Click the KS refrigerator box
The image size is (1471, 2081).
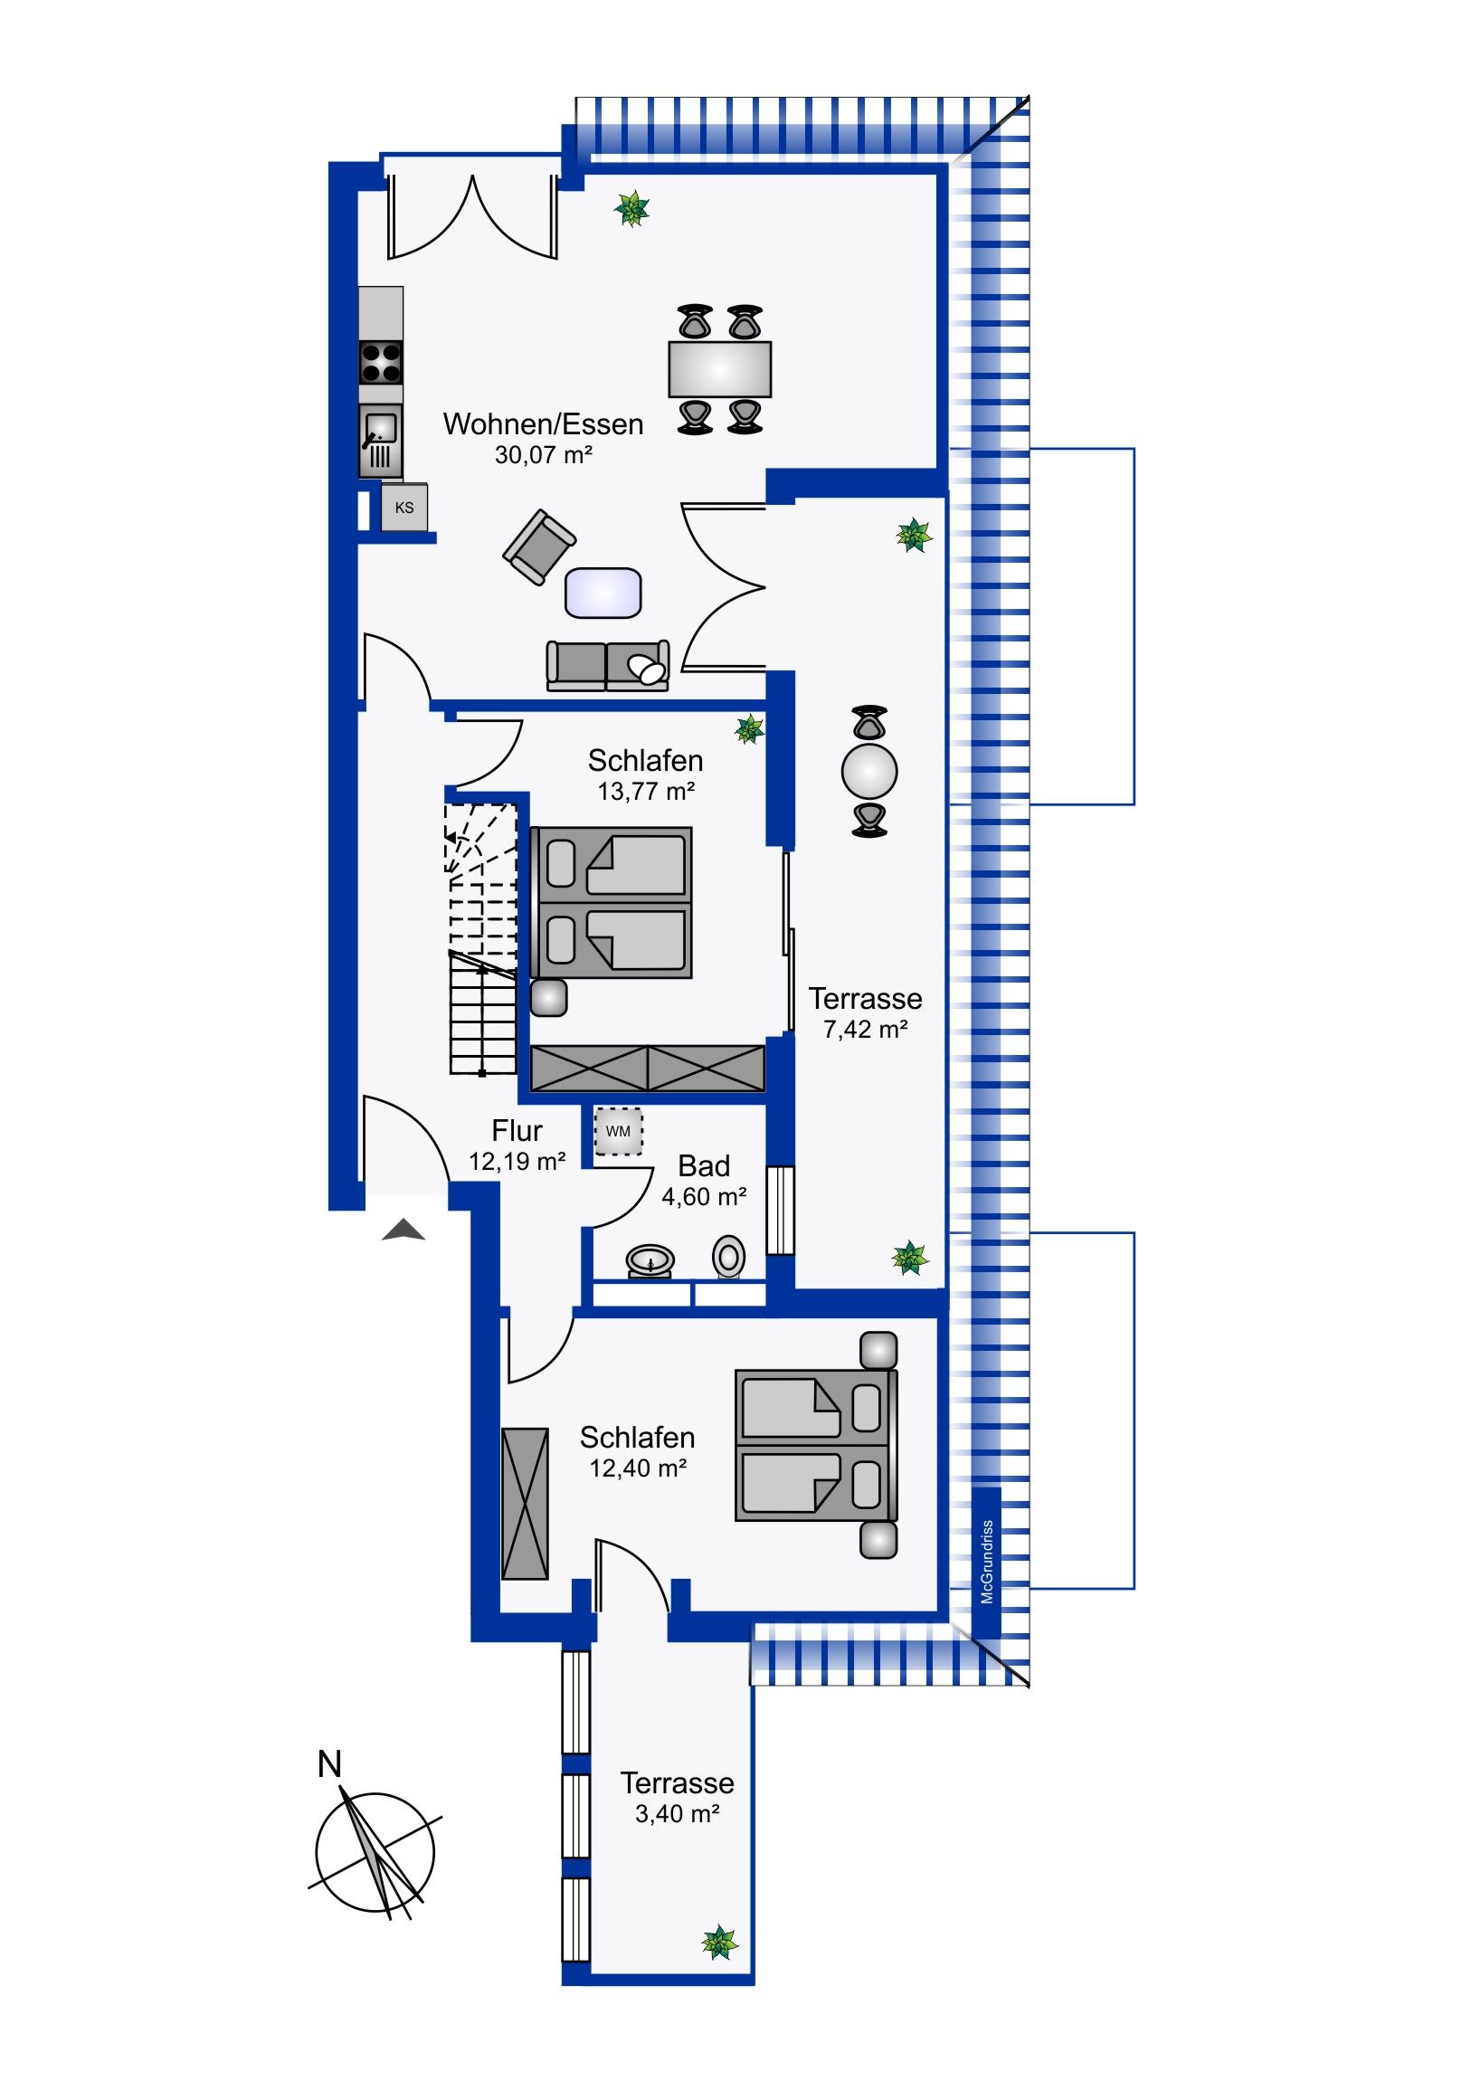404,508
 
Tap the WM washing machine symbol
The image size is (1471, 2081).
618,1131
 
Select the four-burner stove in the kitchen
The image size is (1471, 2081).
381,362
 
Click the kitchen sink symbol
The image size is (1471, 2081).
381,441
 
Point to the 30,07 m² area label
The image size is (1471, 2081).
543,455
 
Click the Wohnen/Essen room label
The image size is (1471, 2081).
543,424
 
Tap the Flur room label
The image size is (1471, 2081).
517,1130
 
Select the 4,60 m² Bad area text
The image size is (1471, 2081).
704,1197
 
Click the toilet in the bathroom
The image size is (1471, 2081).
728,1257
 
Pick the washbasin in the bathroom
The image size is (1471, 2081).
650,1259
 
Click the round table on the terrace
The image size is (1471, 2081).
869,771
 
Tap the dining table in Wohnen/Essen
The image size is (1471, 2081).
719,369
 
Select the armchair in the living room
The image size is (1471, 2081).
539,546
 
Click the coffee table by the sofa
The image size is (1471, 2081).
603,593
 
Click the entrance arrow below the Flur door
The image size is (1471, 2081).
403,1230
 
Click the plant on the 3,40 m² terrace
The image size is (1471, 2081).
719,1943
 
